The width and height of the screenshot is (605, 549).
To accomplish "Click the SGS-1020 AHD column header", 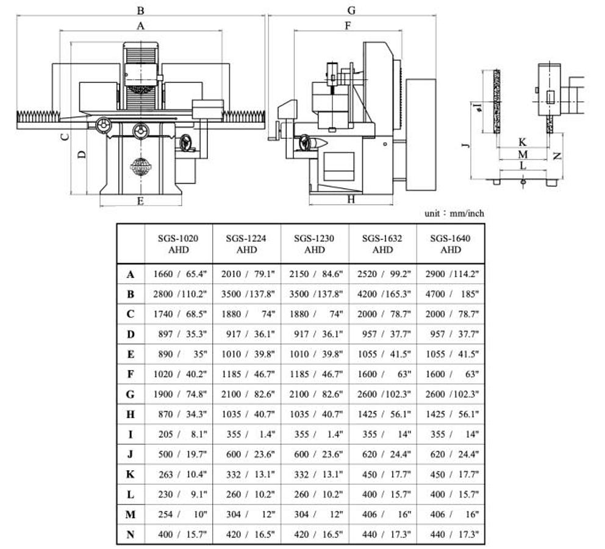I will click(x=179, y=244).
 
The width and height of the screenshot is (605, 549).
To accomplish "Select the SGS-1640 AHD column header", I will click(x=450, y=244).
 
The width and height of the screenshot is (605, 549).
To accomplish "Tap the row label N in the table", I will click(x=130, y=535).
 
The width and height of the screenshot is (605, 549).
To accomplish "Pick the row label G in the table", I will click(x=130, y=395).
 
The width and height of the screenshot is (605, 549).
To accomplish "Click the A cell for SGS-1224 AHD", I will click(x=246, y=274).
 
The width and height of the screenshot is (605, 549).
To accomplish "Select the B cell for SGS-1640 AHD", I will click(x=450, y=294).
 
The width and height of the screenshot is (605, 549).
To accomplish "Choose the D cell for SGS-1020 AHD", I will click(x=179, y=334).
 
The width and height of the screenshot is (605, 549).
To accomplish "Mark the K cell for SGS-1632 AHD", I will click(x=382, y=475).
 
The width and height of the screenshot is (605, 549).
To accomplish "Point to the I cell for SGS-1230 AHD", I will click(x=315, y=434).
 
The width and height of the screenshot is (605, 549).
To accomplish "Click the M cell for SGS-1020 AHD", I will click(x=179, y=515).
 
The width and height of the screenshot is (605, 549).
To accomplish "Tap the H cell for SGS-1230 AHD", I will click(x=315, y=415).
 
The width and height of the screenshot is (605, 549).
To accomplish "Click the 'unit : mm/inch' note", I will click(x=454, y=213).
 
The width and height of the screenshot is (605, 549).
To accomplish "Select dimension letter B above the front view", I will click(x=140, y=10).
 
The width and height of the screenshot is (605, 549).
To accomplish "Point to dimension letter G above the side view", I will click(x=351, y=10).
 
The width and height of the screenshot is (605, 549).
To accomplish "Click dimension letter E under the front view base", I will click(x=140, y=201).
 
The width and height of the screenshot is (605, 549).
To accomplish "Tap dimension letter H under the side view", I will click(x=351, y=199).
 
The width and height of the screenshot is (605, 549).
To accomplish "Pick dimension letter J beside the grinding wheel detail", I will click(x=465, y=144).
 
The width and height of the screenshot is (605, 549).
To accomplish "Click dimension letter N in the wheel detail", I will click(x=556, y=155).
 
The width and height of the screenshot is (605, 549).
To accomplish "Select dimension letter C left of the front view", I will click(x=64, y=136).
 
